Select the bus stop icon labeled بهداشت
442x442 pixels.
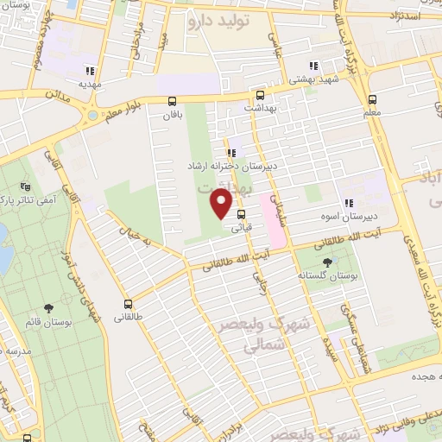(259, 96)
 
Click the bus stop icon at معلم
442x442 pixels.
(372, 99)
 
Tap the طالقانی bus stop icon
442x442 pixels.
(128, 304)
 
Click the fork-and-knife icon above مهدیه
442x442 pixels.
(90, 72)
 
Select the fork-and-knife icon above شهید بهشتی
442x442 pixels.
(313, 66)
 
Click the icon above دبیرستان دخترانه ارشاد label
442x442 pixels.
(230, 152)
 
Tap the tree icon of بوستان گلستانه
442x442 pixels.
(326, 262)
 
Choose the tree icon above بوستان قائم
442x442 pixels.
(48, 307)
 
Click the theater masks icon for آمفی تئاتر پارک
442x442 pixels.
(24, 186)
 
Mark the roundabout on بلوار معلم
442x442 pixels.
(92, 114)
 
